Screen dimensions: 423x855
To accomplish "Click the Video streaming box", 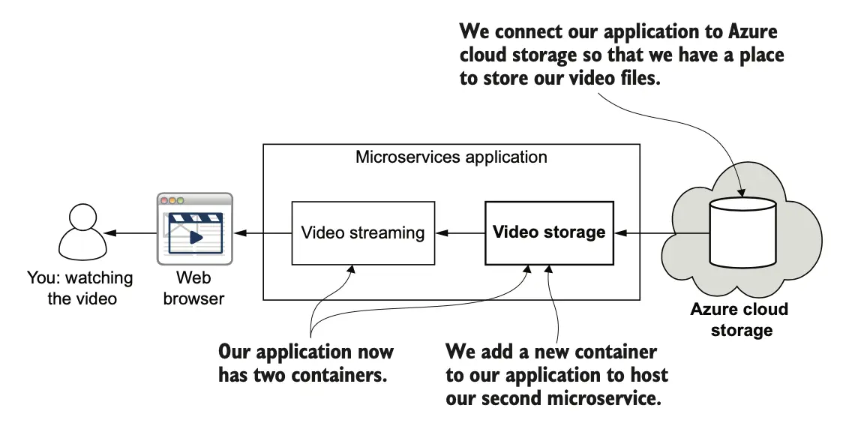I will tap(363, 232).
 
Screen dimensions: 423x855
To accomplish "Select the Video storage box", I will tap(549, 232).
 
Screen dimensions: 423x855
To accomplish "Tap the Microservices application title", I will tap(451, 157).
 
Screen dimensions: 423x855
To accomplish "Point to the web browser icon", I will tap(194, 229).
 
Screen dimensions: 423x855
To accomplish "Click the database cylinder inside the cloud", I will tap(742, 232).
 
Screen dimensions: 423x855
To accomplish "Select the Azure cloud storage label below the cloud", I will tap(739, 319).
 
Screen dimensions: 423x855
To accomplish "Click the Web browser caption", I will tap(193, 288).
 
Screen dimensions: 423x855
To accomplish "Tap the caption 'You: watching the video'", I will tap(79, 288).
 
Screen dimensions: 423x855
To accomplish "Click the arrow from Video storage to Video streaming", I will tap(460, 233).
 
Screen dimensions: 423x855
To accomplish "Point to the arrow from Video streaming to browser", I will tap(262, 233).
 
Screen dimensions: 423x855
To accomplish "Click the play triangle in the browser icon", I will tap(195, 237).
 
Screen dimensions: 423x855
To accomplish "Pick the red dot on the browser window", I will tap(163, 200).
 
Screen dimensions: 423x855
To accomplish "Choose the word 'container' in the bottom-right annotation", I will tap(613, 352).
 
